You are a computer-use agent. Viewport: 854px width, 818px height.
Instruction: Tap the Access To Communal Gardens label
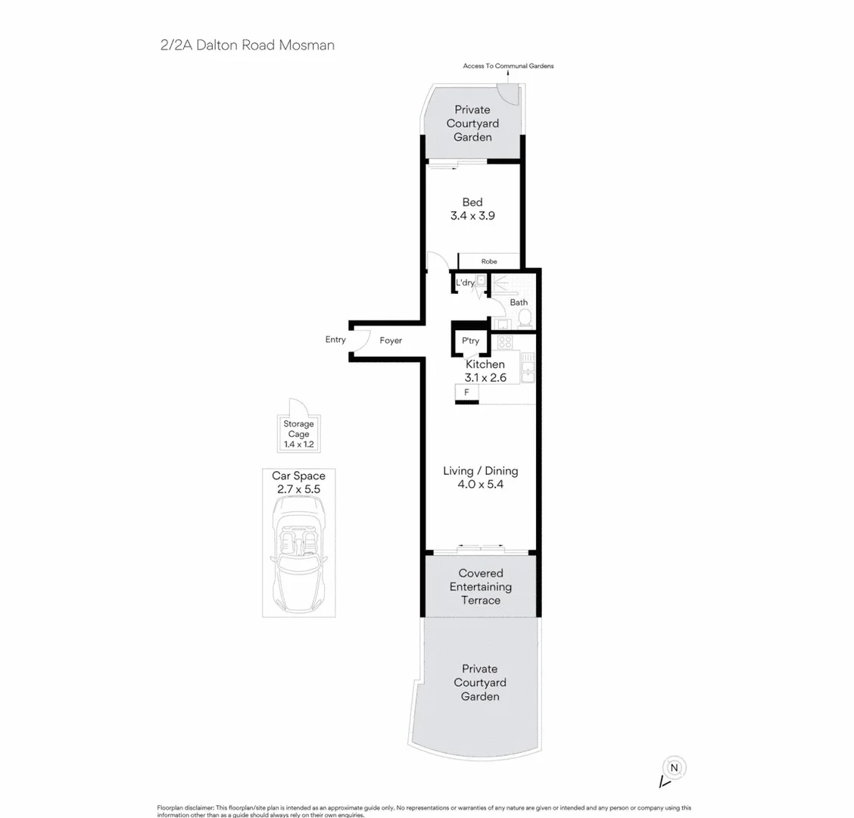508,66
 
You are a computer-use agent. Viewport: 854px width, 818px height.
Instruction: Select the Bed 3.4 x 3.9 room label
472,209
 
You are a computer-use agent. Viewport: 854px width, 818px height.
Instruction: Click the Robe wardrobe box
489,261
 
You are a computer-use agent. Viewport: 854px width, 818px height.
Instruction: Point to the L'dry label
464,283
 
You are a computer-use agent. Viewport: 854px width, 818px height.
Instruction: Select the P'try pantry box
470,341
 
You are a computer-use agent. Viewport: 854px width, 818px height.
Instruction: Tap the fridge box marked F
466,392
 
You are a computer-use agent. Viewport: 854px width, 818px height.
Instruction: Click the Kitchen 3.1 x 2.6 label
485,370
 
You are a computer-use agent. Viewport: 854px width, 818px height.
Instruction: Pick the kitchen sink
528,371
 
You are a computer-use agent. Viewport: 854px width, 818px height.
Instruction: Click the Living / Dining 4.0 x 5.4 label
480,477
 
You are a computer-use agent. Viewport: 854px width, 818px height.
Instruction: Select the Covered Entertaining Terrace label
480,587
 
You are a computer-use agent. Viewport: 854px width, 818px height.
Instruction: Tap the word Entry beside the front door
335,340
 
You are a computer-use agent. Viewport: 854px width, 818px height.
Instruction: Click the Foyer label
391,341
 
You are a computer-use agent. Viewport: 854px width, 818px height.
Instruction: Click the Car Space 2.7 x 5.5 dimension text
298,489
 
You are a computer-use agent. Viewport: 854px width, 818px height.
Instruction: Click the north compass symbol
674,767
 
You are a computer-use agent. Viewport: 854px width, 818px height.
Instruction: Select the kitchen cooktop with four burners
504,342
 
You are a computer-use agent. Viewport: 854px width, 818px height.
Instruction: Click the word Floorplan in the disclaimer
172,808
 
